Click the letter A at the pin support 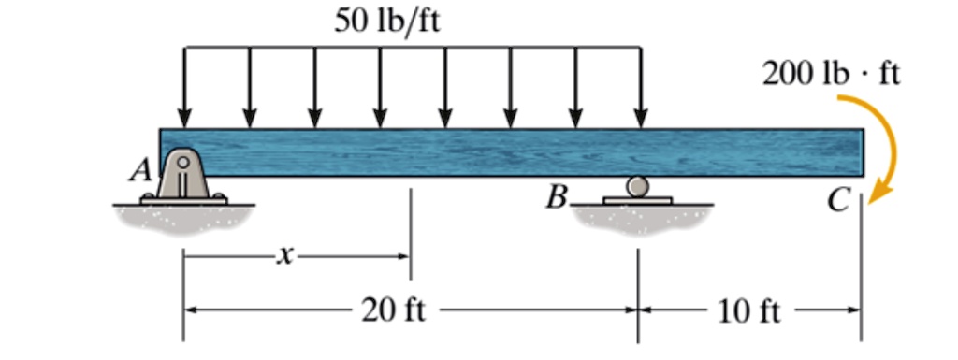[x=142, y=169]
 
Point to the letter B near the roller [x=559, y=198]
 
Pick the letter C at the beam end [x=843, y=199]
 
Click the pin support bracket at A [x=183, y=176]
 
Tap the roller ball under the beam [x=638, y=186]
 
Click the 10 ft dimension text [x=748, y=310]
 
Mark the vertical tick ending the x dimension [x=410, y=234]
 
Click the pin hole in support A [x=183, y=160]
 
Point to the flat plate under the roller [x=638, y=199]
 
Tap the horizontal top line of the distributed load [x=412, y=46]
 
